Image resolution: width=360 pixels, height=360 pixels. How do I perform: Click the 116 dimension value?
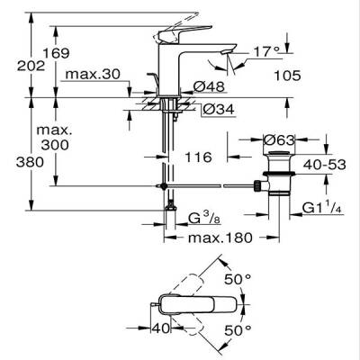pos(196,157)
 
